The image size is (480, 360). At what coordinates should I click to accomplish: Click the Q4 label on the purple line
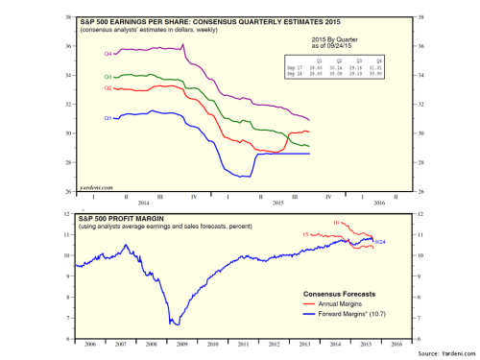(x=109, y=54)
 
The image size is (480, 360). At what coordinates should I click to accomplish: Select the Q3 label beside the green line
(x=109, y=76)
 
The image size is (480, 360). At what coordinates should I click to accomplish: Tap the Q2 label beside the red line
(x=109, y=87)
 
